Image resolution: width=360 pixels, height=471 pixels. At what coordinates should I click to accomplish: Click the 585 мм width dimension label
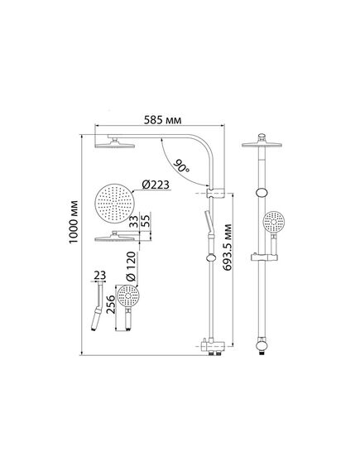point(162,121)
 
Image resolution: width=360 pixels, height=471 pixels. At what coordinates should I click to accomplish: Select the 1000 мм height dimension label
point(74,222)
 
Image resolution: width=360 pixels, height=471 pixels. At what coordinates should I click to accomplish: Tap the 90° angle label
point(181,166)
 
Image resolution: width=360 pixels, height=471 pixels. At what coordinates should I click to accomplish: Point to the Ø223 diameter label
point(156,185)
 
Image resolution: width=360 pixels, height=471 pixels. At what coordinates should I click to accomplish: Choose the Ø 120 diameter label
point(131,267)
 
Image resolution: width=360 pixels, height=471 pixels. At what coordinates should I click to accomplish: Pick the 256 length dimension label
point(111,305)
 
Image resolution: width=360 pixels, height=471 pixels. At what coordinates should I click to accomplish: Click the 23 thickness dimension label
point(100,275)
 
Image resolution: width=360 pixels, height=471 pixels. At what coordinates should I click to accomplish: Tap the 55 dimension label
point(146,222)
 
